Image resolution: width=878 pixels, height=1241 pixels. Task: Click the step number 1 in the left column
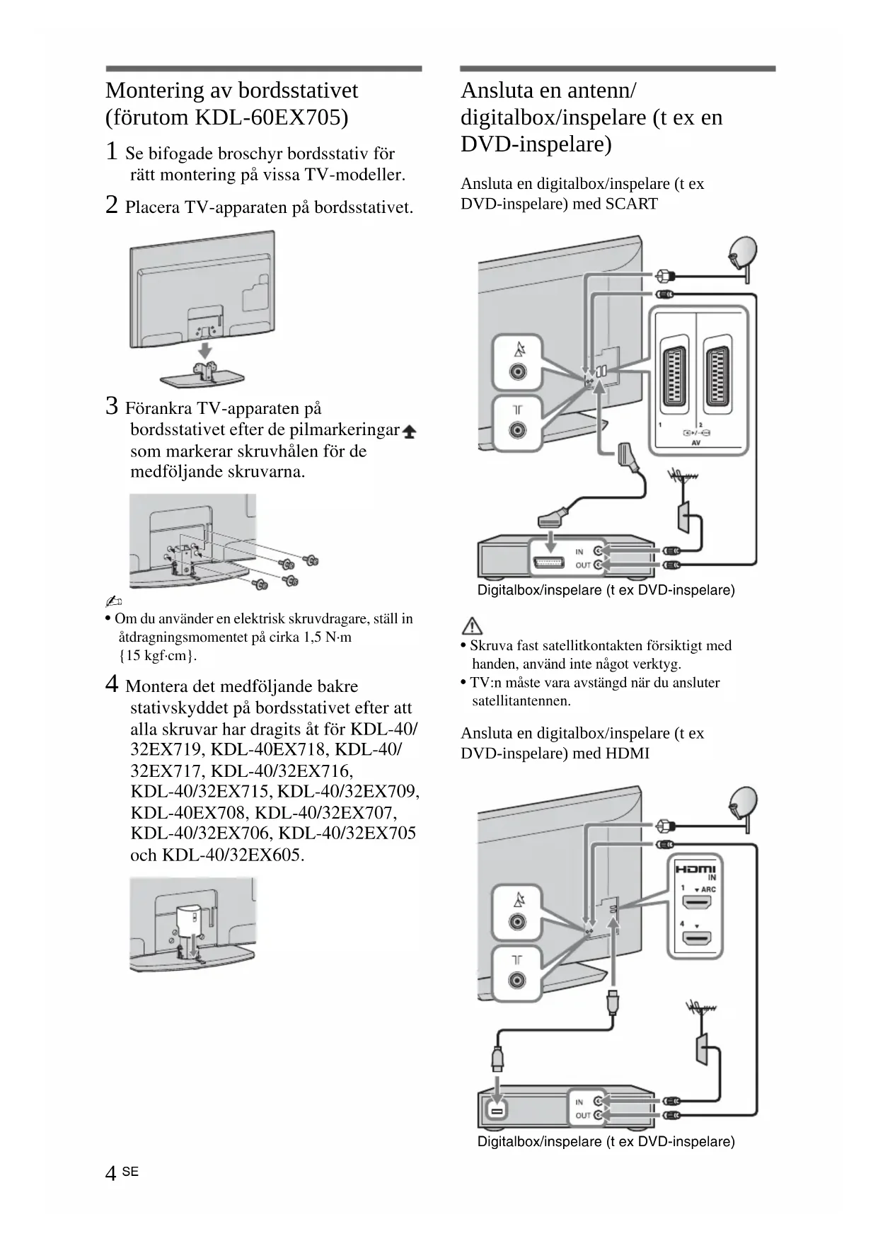pyautogui.click(x=112, y=151)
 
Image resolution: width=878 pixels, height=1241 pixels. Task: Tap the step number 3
pyautogui.click(x=112, y=406)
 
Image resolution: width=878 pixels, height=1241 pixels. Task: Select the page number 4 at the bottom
pyautogui.click(x=110, y=1173)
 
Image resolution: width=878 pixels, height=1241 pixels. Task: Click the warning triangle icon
pyautogui.click(x=472, y=625)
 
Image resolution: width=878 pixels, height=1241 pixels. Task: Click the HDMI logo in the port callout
pyautogui.click(x=695, y=870)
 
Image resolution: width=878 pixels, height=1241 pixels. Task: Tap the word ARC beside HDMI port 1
pyautogui.click(x=708, y=889)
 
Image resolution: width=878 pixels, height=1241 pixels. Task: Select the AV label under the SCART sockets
pyautogui.click(x=695, y=443)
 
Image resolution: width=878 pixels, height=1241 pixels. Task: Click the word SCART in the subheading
pyautogui.click(x=631, y=204)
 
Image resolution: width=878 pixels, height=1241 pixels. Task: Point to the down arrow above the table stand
pyautogui.click(x=204, y=350)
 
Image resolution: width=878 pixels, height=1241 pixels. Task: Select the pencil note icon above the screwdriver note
pyautogui.click(x=113, y=601)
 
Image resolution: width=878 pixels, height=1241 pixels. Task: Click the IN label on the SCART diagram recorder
pyautogui.click(x=579, y=552)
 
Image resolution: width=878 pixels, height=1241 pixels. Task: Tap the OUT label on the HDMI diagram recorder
pyautogui.click(x=582, y=1116)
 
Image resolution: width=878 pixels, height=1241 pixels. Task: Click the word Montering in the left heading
pyautogui.click(x=154, y=91)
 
